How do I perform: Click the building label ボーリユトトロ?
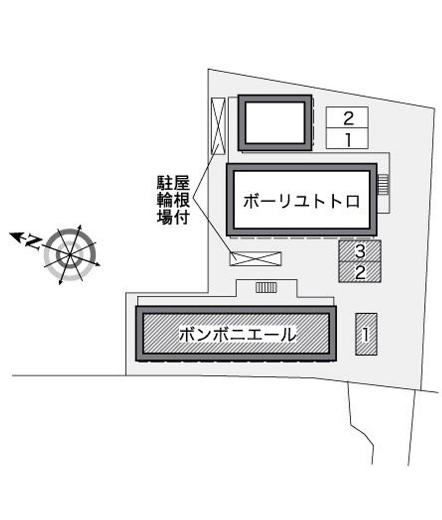coord(301,201)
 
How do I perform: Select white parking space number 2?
coord(347,118)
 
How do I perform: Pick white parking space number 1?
coord(347,139)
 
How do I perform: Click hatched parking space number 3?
coord(360,251)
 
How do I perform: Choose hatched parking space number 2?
coord(360,272)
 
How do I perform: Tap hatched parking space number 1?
coord(366,335)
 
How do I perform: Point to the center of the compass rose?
coord(70,254)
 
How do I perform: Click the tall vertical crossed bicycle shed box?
coord(218,126)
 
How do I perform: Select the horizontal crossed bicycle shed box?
coord(255,259)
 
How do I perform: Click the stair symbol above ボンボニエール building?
coord(266,287)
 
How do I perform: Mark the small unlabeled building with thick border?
coord(275,123)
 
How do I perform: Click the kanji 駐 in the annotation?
coord(165,183)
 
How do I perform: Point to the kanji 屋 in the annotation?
coord(182,183)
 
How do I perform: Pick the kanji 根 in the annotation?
coord(182,200)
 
